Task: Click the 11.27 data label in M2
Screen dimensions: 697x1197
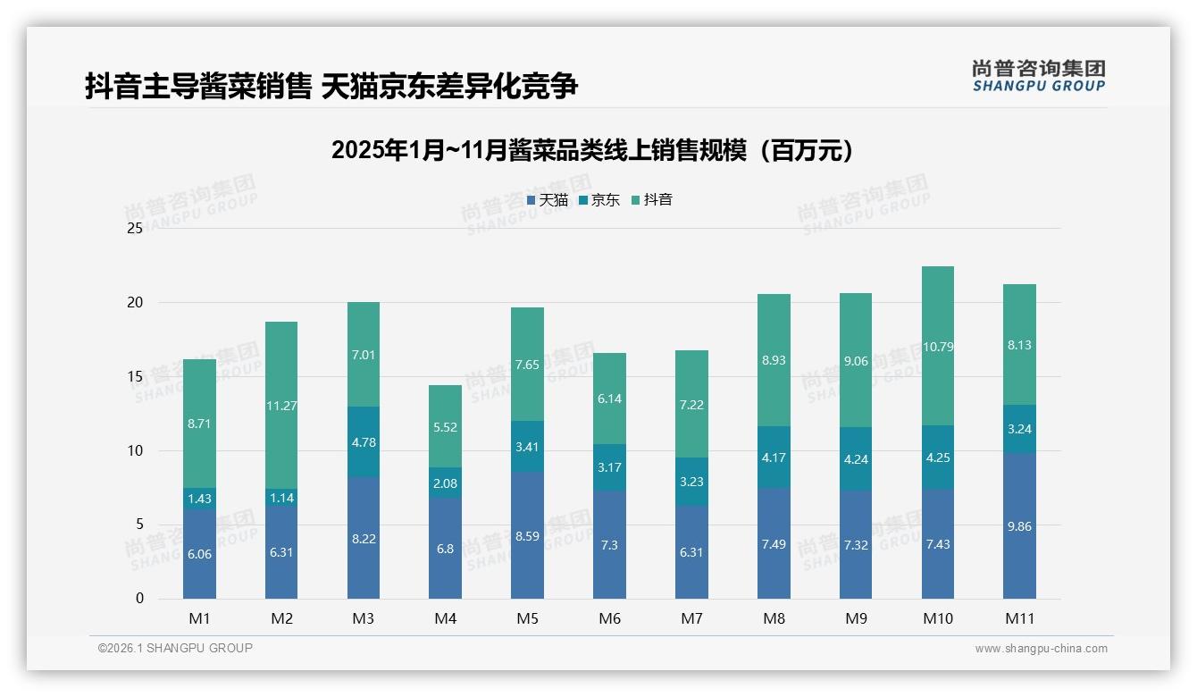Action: click(x=281, y=406)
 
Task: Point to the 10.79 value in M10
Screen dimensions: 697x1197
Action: click(x=938, y=347)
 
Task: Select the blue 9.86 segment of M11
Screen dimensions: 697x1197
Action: click(x=1019, y=526)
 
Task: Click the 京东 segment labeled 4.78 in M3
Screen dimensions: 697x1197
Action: click(x=364, y=441)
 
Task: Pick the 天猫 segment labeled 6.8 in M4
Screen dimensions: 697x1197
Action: click(x=445, y=549)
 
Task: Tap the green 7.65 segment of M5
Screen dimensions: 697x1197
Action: click(x=527, y=365)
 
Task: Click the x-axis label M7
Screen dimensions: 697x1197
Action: click(x=691, y=618)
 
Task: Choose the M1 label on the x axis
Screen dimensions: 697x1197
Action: click(x=199, y=618)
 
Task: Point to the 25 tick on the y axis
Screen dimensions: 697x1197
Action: click(x=135, y=229)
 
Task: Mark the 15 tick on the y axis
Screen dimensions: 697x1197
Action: click(x=135, y=377)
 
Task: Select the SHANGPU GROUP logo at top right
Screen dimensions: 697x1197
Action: click(x=1038, y=76)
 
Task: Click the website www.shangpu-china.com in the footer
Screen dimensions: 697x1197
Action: click(x=1041, y=649)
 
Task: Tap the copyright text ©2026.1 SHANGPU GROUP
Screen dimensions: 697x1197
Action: click(x=175, y=648)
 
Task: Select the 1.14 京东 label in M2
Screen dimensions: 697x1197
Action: click(x=281, y=499)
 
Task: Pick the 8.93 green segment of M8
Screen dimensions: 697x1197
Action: click(x=774, y=360)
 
